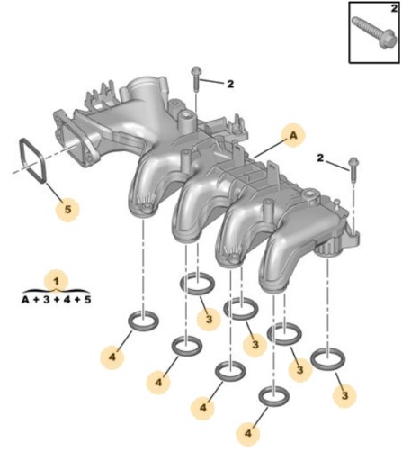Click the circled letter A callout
coord(293,135)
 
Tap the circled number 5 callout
coord(67,209)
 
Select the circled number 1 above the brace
coord(56,282)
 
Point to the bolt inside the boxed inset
coord(371,32)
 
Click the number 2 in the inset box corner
coord(394,9)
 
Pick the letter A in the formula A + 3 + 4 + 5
coord(25,300)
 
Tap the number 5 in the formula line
coord(87,300)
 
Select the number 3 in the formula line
coord(46,300)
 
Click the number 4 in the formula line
coord(67,300)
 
